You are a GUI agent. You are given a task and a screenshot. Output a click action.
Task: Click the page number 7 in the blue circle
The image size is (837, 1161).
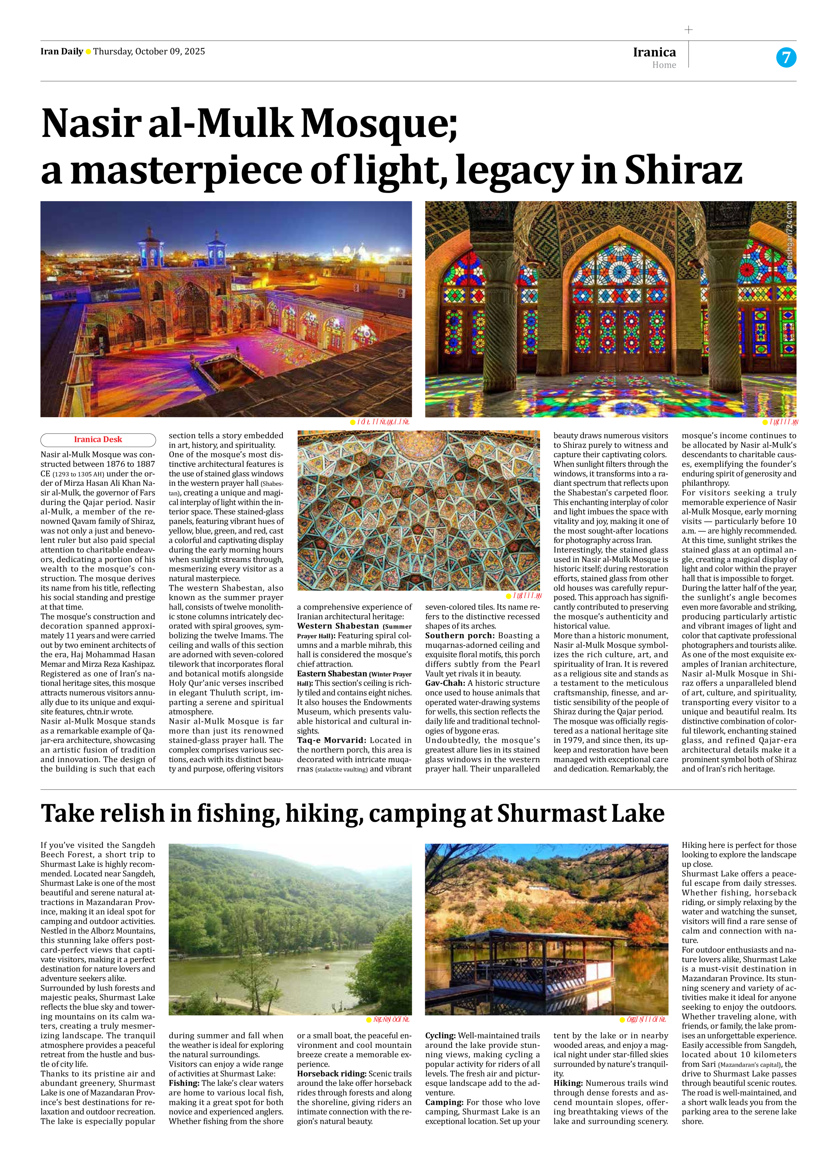tap(786, 57)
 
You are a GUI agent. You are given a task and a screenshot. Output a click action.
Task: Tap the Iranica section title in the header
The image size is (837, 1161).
tap(654, 52)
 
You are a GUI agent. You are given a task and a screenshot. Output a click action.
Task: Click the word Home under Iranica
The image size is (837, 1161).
tap(664, 65)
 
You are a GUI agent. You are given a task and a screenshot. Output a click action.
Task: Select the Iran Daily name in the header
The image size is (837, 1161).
tap(61, 51)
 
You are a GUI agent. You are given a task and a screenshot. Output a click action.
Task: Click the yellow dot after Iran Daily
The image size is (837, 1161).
tap(88, 51)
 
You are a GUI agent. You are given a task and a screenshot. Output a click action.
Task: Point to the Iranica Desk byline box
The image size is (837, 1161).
tap(98, 439)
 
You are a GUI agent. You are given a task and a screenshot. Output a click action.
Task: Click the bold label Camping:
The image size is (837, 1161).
tap(444, 1102)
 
